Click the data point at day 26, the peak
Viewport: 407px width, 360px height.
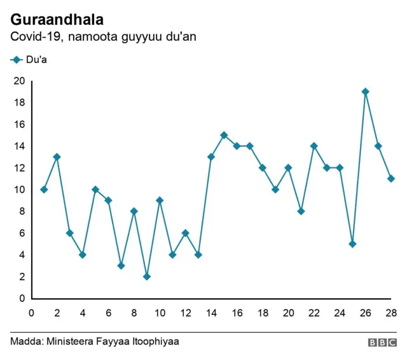(x=365, y=92)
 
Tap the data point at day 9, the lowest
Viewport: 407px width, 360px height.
(x=147, y=276)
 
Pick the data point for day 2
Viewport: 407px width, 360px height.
(x=57, y=156)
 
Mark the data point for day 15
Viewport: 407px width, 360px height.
(x=224, y=135)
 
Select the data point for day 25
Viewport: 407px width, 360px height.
(x=352, y=244)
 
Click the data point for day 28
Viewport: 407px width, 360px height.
(x=391, y=179)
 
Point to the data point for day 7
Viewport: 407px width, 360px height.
(x=121, y=265)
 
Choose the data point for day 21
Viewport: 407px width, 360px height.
(x=301, y=211)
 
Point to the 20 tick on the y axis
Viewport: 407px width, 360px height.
(x=19, y=81)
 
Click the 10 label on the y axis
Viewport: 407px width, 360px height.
(x=19, y=190)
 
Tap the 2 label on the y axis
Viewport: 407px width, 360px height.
(x=22, y=277)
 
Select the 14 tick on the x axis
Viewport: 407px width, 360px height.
(x=211, y=312)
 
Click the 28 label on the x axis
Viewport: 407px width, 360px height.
(x=390, y=312)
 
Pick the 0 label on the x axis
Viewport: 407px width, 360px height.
(x=31, y=312)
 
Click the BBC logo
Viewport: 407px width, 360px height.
(x=382, y=342)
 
